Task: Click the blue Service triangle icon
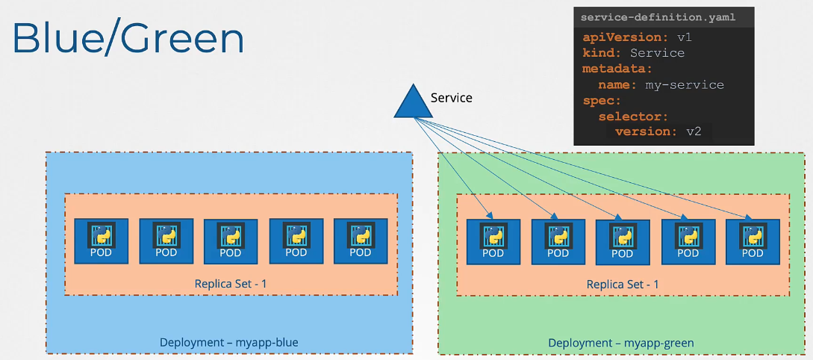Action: tap(413, 104)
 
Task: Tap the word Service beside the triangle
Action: tap(452, 98)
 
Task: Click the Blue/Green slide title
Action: tap(128, 39)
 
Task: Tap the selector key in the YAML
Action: tap(632, 116)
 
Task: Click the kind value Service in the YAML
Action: tap(657, 53)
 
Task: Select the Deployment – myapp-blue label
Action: tap(229, 342)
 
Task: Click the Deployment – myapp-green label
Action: tap(621, 343)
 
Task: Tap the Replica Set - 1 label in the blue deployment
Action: tap(231, 283)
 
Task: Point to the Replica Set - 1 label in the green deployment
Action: tap(623, 284)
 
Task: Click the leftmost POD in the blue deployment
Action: tap(101, 240)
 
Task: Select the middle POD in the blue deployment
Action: tap(231, 241)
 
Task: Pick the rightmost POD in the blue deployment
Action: tap(361, 240)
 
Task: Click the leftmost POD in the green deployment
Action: tap(493, 241)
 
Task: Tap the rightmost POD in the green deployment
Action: tap(753, 241)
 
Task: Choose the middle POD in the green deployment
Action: tap(623, 242)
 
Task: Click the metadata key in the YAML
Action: tap(617, 69)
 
